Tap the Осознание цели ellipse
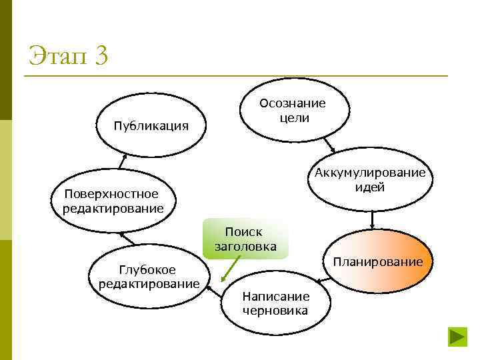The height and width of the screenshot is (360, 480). (293, 110)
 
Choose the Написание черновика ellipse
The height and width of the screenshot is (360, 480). (275, 303)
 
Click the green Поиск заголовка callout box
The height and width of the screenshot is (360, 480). (245, 239)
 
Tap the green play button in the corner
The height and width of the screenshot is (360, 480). (458, 336)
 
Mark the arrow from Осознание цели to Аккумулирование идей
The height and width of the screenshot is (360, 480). (329, 145)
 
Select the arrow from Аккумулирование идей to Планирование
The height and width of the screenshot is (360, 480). (372, 219)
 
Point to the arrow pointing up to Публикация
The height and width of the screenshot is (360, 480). (123, 160)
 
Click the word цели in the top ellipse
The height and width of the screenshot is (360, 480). (293, 117)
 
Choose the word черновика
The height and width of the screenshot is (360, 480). (275, 311)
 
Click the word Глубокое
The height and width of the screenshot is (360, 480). (147, 270)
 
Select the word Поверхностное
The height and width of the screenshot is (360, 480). (111, 194)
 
